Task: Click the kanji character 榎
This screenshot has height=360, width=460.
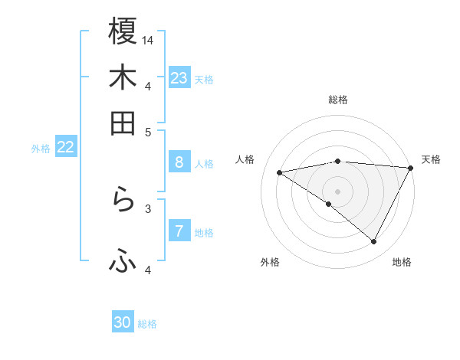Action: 123,31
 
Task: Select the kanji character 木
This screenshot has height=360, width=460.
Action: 123,77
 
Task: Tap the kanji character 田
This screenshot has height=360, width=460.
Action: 123,123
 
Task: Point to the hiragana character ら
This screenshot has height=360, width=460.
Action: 123,201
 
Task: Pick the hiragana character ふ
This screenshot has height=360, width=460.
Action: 123,262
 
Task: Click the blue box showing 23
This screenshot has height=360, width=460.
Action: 179,78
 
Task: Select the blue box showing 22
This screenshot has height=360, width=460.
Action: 65,148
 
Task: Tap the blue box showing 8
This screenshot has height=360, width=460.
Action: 179,162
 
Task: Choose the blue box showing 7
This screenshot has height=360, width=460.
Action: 179,231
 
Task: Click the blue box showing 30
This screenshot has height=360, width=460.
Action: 123,322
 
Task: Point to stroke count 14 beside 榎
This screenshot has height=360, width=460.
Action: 149,40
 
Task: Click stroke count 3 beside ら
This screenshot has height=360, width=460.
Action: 148,208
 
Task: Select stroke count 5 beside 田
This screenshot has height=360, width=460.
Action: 148,131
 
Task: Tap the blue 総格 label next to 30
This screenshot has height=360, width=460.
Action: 147,324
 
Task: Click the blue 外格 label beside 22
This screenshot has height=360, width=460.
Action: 41,149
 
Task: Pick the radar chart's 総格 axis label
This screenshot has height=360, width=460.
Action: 338,100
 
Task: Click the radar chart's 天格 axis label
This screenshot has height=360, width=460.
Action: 431,159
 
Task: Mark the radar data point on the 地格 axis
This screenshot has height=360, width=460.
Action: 374,242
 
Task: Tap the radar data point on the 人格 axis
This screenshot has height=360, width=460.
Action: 280,172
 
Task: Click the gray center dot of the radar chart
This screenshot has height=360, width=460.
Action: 338,191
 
